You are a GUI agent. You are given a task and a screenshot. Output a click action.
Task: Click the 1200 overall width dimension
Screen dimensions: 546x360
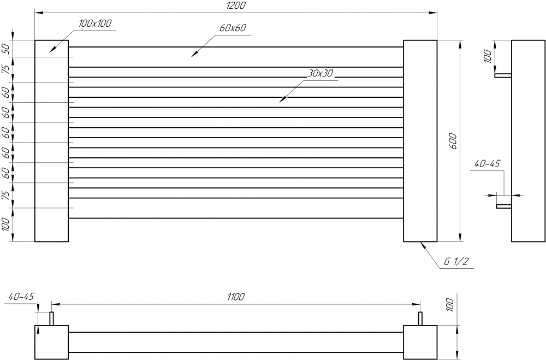235,6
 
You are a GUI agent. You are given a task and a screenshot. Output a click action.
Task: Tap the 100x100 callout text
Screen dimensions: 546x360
95,23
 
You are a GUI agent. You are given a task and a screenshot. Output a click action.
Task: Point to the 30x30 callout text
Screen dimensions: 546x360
320,73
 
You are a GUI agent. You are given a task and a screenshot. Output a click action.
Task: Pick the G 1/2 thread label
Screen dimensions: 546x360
456,262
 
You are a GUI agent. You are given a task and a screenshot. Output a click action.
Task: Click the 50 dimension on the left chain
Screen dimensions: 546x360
7,49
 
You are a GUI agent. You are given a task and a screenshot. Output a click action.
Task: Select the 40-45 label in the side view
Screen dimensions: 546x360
488,164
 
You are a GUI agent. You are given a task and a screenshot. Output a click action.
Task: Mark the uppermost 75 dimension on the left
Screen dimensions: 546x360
7,69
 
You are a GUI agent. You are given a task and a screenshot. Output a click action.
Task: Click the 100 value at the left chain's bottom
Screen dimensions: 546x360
7,225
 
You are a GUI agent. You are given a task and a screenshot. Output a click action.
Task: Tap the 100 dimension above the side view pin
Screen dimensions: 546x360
488,55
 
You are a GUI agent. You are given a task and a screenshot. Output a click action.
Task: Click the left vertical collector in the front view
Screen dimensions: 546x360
51,140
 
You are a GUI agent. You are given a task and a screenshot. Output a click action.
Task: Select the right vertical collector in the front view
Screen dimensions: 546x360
420,140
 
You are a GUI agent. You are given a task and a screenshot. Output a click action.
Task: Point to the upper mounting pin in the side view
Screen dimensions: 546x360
503,75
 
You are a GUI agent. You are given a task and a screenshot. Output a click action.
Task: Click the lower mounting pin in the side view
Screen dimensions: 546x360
503,206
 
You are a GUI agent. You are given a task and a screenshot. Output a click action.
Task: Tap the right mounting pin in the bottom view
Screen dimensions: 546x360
420,318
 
